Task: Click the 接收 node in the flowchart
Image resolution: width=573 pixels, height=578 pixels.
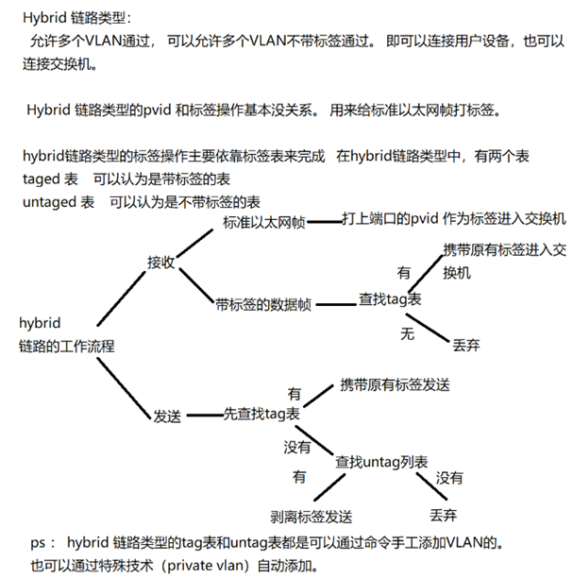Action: pos(161,263)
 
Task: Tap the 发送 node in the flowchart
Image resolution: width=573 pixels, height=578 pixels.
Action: pos(167,416)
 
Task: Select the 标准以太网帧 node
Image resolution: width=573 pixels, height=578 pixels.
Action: pos(264,222)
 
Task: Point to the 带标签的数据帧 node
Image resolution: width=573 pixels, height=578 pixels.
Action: pos(263,305)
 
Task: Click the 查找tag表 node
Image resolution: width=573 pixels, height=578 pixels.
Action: pos(390,299)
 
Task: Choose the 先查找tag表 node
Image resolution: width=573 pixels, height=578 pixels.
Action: pos(261,414)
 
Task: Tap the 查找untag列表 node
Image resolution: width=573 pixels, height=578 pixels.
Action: pos(381,462)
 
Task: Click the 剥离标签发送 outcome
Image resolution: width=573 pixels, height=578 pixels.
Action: pos(312,517)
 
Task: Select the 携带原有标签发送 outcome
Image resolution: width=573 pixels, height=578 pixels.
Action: pos(395,384)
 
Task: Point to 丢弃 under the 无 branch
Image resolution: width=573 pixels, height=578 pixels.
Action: pos(466,346)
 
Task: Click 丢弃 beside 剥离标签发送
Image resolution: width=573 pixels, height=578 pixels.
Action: pos(444,515)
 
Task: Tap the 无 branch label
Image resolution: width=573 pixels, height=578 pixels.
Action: pos(408,334)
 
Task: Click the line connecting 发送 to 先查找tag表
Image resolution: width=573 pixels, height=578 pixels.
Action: pos(205,416)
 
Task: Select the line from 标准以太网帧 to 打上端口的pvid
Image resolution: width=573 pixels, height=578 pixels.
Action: pos(325,222)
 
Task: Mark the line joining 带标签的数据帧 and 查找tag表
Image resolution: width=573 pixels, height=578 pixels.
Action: pos(336,305)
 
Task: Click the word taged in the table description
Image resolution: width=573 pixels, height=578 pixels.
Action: pos(41,179)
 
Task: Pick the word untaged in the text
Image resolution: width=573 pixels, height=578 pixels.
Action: pos(49,202)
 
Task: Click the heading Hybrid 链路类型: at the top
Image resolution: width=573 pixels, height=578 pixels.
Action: pos(76,18)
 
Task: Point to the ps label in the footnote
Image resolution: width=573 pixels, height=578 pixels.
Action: pos(38,543)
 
